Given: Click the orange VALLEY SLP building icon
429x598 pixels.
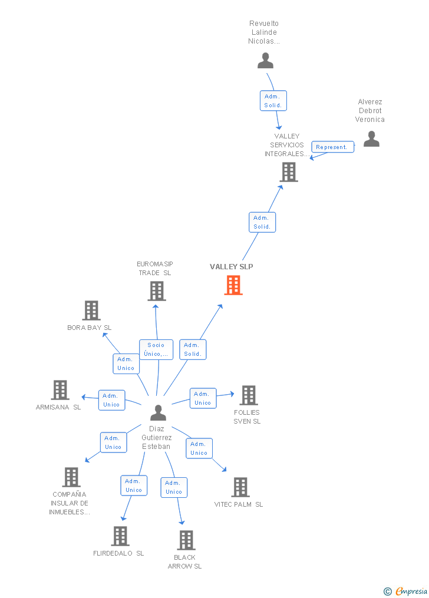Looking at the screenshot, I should (233, 285).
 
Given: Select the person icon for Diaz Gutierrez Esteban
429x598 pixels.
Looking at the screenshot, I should (158, 412).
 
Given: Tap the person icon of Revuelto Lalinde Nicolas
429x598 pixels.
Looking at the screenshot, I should (265, 61).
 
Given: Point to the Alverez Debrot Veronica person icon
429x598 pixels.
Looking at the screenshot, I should (371, 138).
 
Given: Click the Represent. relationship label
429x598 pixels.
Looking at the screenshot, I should (332, 147).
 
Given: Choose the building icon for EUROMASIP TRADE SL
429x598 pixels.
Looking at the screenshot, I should (156, 291).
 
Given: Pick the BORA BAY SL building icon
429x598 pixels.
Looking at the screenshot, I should (91, 310).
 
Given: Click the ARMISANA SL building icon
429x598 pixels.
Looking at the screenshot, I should (60, 390).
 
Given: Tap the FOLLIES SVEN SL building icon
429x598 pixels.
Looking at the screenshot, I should (248, 395).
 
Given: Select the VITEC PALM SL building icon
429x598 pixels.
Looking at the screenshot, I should (240, 487).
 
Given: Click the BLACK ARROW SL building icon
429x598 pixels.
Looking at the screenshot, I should (186, 540).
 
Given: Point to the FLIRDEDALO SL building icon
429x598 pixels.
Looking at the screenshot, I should (120, 536).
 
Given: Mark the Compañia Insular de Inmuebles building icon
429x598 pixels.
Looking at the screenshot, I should (71, 477).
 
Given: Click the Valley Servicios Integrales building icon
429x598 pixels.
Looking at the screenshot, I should (289, 172).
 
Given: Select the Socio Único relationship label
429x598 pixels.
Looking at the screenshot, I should (156, 350).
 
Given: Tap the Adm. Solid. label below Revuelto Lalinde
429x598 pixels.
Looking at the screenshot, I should (273, 101).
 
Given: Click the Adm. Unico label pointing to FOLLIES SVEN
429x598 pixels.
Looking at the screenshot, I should (203, 398).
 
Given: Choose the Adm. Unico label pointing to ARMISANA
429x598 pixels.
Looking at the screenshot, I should (111, 400).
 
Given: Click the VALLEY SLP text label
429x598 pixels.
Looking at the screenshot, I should (232, 267).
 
